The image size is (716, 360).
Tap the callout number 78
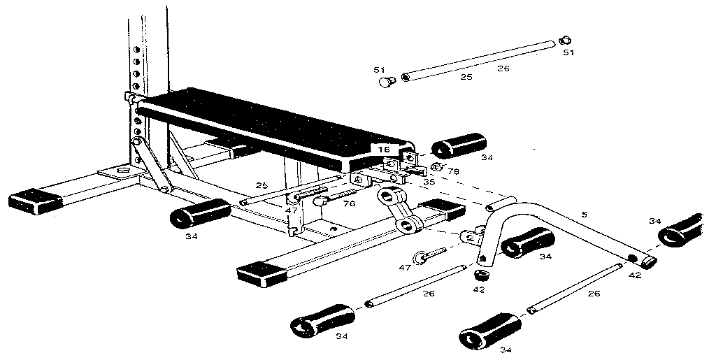(453, 171)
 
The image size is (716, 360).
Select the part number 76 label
(349, 203)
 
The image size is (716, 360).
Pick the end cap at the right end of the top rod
(566, 41)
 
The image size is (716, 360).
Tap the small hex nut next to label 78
(437, 166)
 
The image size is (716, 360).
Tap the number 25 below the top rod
(466, 76)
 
